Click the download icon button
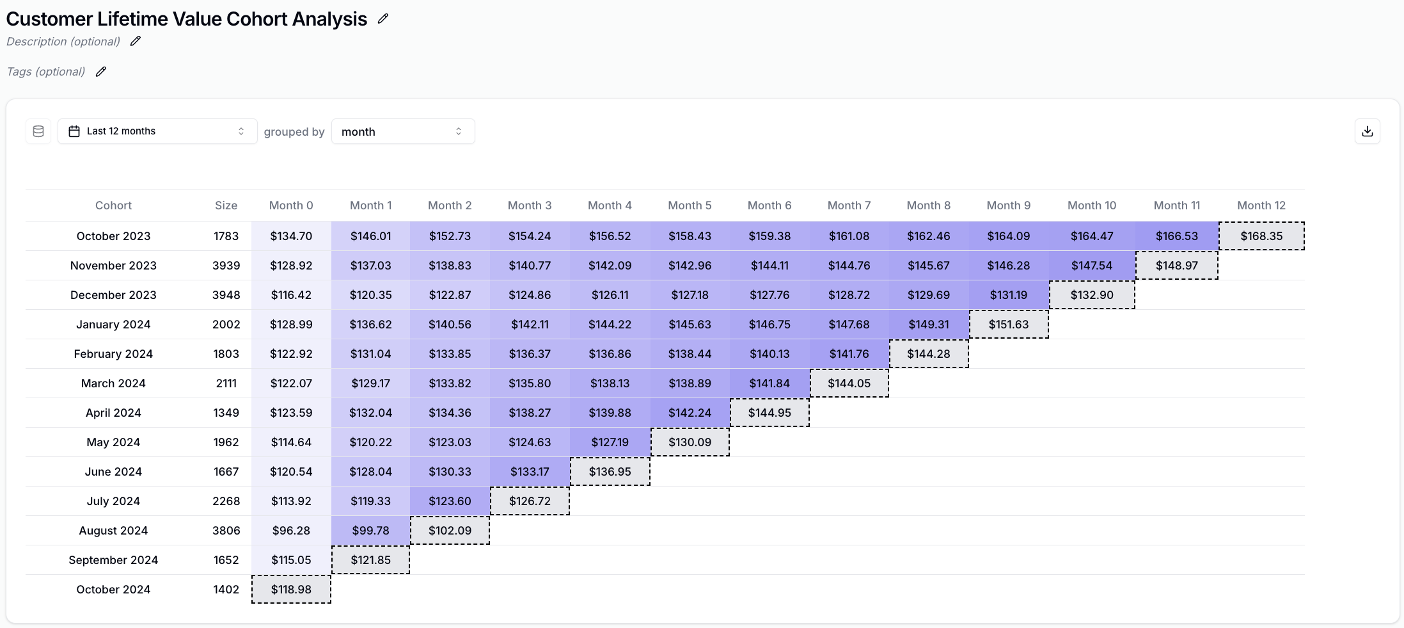click(x=1367, y=131)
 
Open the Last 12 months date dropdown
click(x=157, y=131)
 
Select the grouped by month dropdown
click(x=402, y=131)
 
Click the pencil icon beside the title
click(x=383, y=19)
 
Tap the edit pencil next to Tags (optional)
click(x=101, y=72)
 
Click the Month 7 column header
click(x=849, y=205)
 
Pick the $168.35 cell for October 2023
click(x=1261, y=236)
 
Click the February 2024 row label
click(x=113, y=354)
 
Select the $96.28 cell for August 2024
click(x=291, y=531)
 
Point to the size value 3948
click(x=226, y=295)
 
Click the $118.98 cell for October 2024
click(x=291, y=590)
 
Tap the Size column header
click(x=226, y=205)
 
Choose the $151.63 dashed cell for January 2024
click(x=1009, y=325)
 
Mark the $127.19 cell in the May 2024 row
click(x=610, y=442)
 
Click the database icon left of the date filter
click(x=38, y=131)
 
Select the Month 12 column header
click(x=1261, y=205)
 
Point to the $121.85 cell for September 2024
click(x=370, y=560)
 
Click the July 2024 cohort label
click(x=113, y=501)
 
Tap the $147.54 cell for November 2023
click(x=1092, y=266)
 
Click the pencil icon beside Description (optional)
click(x=136, y=42)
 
